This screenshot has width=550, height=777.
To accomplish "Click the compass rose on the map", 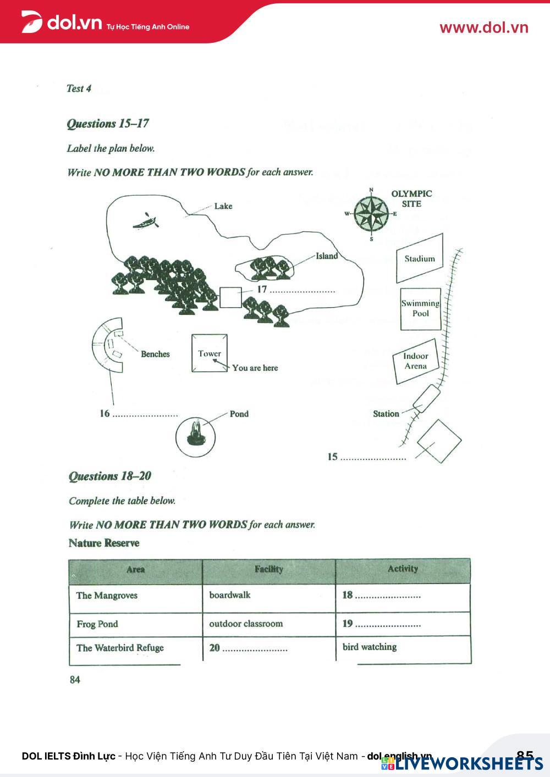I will click(371, 214).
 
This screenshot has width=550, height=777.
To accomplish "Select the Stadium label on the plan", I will click(420, 259).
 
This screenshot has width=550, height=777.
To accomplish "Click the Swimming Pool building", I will click(421, 308).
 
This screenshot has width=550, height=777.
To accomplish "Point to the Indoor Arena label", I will click(415, 361).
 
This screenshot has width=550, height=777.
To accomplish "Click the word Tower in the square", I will click(210, 353).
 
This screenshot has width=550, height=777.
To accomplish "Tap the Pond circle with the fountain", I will click(195, 437).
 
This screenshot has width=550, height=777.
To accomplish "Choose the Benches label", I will click(155, 354).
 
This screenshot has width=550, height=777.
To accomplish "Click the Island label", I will click(327, 256).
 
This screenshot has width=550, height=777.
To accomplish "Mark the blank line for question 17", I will click(302, 291).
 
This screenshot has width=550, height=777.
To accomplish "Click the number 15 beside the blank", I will click(332, 457).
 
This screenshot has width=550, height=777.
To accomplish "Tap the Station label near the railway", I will click(386, 414).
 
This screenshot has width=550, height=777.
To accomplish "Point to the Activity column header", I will click(403, 569).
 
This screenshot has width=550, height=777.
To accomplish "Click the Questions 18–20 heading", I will click(110, 476).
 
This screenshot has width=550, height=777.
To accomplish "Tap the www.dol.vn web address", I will click(483, 27).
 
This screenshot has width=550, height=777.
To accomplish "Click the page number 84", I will click(75, 680).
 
